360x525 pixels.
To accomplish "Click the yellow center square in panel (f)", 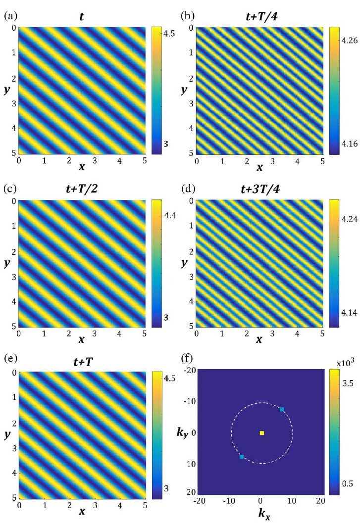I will (x=262, y=433).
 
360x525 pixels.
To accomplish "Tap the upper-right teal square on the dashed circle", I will (x=282, y=409).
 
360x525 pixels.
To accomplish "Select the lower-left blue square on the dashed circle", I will (x=242, y=457).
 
